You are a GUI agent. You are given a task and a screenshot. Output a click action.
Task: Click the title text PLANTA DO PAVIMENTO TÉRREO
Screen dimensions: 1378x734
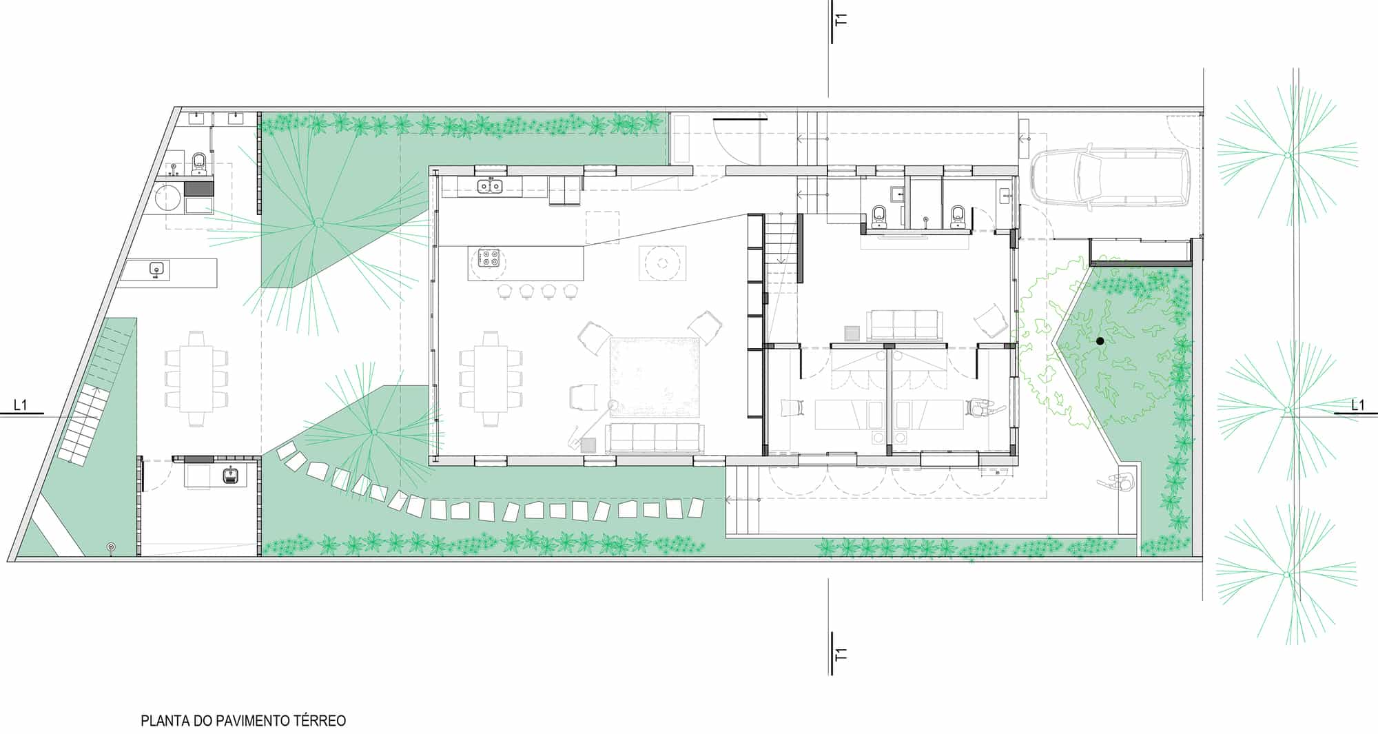click(x=243, y=721)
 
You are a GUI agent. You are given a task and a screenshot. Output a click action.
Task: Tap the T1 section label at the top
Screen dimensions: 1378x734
click(x=840, y=19)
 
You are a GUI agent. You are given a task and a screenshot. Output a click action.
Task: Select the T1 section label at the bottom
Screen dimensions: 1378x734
click(x=840, y=653)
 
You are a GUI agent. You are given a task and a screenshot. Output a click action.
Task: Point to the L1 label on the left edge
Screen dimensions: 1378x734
click(x=21, y=405)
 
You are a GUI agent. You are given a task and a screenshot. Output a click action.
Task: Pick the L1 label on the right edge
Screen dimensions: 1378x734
click(x=1357, y=405)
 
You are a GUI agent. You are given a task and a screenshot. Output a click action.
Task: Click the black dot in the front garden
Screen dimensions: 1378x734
click(x=1100, y=341)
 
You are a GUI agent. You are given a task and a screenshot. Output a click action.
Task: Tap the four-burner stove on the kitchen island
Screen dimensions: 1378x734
click(x=489, y=258)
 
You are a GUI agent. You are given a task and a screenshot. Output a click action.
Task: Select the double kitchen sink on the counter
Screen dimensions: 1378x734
click(x=490, y=185)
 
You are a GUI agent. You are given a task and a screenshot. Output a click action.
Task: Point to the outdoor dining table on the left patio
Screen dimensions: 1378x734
click(x=197, y=378)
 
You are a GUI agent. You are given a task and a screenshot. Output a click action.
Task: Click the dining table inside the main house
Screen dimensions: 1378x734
click(x=491, y=378)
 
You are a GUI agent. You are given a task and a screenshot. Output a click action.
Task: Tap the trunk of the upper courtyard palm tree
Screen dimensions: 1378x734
click(x=318, y=223)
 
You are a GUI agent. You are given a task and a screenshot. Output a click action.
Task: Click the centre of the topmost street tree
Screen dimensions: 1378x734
click(x=1286, y=156)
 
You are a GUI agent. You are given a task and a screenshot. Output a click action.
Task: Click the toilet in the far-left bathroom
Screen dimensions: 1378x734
click(x=198, y=162)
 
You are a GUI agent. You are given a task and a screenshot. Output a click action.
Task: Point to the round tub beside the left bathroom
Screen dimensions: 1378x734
click(x=168, y=198)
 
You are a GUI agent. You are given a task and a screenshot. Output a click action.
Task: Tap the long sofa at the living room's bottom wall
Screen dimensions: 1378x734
click(x=655, y=439)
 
